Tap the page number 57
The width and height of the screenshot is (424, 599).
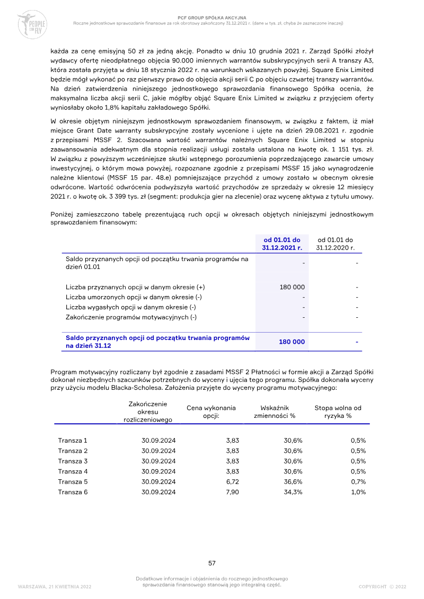(211, 563)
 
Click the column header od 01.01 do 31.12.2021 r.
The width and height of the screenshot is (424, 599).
(281, 244)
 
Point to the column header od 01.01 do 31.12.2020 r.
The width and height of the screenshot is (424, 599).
(335, 244)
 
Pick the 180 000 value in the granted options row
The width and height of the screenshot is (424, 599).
(292, 287)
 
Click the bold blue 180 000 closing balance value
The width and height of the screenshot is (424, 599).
(292, 342)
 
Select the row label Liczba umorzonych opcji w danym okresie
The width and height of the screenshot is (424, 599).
(134, 297)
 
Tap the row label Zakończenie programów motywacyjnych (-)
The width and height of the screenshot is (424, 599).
(131, 317)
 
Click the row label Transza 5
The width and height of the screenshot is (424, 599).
(73, 482)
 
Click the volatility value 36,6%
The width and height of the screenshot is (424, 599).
(293, 482)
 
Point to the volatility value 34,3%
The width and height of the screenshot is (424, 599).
(293, 492)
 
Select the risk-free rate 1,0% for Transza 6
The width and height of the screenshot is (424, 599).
(358, 492)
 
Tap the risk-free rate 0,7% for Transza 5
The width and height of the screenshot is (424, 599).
(358, 482)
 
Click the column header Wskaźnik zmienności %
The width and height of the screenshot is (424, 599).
(278, 412)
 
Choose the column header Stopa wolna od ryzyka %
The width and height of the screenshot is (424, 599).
(338, 412)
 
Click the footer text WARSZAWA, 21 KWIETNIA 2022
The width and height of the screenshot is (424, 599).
(55, 587)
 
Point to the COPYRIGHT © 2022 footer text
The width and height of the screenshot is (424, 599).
(382, 587)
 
